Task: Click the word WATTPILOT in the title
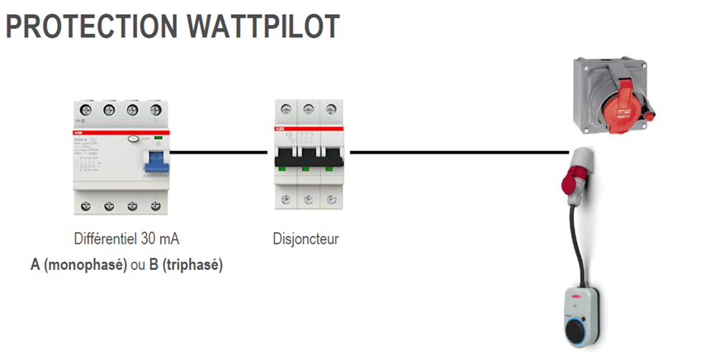pyautogui.click(x=263, y=26)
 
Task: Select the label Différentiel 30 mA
pyautogui.click(x=127, y=239)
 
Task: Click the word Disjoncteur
pyautogui.click(x=306, y=239)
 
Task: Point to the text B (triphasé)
pyautogui.click(x=187, y=265)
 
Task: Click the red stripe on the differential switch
pyautogui.click(x=121, y=131)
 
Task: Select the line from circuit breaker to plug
pyautogui.click(x=458, y=152)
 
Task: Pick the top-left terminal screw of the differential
pyautogui.click(x=86, y=110)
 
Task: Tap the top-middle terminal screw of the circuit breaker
pyautogui.click(x=308, y=107)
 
